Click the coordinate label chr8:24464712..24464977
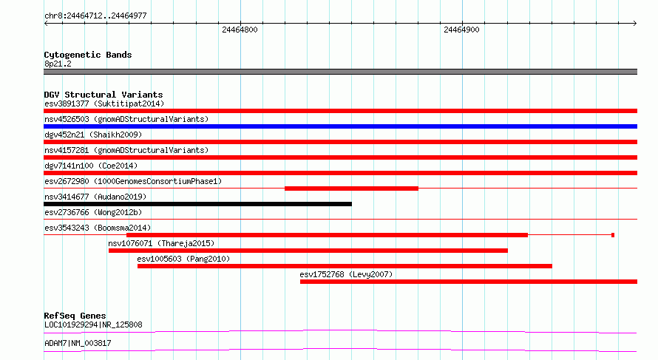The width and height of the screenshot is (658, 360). tap(95, 16)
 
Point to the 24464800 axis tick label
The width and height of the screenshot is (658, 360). tap(240, 30)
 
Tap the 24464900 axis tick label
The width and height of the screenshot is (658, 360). tap(461, 30)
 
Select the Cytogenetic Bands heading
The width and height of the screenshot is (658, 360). tap(88, 55)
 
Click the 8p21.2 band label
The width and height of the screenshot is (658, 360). tap(58, 64)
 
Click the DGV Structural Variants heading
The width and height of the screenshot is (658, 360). tap(104, 95)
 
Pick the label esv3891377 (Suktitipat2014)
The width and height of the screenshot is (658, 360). tap(104, 103)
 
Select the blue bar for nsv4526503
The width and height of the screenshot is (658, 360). tap(340, 126)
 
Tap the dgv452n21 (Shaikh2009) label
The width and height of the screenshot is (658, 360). tap(93, 135)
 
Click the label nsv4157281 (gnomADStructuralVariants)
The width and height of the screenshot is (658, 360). tap(126, 150)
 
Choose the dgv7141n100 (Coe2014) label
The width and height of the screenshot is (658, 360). tap(91, 166)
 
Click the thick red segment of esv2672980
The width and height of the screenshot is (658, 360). tap(352, 189)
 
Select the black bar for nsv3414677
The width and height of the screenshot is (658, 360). tap(197, 204)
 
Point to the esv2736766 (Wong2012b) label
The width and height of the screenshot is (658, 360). tap(93, 212)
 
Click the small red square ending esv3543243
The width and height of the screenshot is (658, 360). tap(613, 235)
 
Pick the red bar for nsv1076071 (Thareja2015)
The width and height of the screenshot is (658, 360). tap(308, 251)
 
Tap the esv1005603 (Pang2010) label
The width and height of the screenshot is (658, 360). tap(183, 259)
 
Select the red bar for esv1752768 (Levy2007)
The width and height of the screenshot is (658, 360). tap(469, 282)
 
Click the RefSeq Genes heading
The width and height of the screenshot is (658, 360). tap(75, 316)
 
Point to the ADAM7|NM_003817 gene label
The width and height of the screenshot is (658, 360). tap(78, 343)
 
